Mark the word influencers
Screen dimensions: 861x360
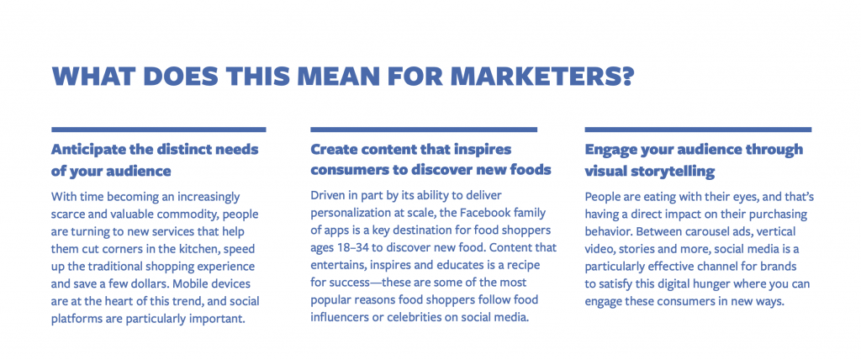(x=335, y=317)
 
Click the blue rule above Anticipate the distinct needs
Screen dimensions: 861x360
(x=159, y=130)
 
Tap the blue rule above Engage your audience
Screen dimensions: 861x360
(x=698, y=130)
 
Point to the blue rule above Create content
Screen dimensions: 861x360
(x=424, y=130)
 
